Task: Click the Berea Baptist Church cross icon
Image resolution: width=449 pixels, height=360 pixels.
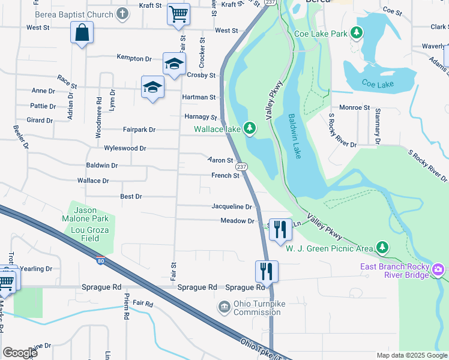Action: click(122, 14)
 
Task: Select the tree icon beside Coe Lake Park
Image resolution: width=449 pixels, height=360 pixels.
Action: click(358, 33)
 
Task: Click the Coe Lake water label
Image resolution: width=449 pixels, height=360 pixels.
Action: click(378, 84)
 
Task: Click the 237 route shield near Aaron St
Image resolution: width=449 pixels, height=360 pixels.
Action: click(241, 166)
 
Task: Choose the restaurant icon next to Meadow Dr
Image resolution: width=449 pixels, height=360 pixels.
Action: click(280, 229)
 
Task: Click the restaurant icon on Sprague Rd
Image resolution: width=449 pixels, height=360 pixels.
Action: click(266, 271)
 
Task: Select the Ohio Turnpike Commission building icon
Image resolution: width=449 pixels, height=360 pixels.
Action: click(224, 308)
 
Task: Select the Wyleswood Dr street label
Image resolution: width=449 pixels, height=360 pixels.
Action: click(125, 148)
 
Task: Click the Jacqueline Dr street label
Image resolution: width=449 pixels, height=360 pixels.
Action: click(231, 206)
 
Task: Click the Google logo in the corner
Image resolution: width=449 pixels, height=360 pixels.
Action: click(20, 353)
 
